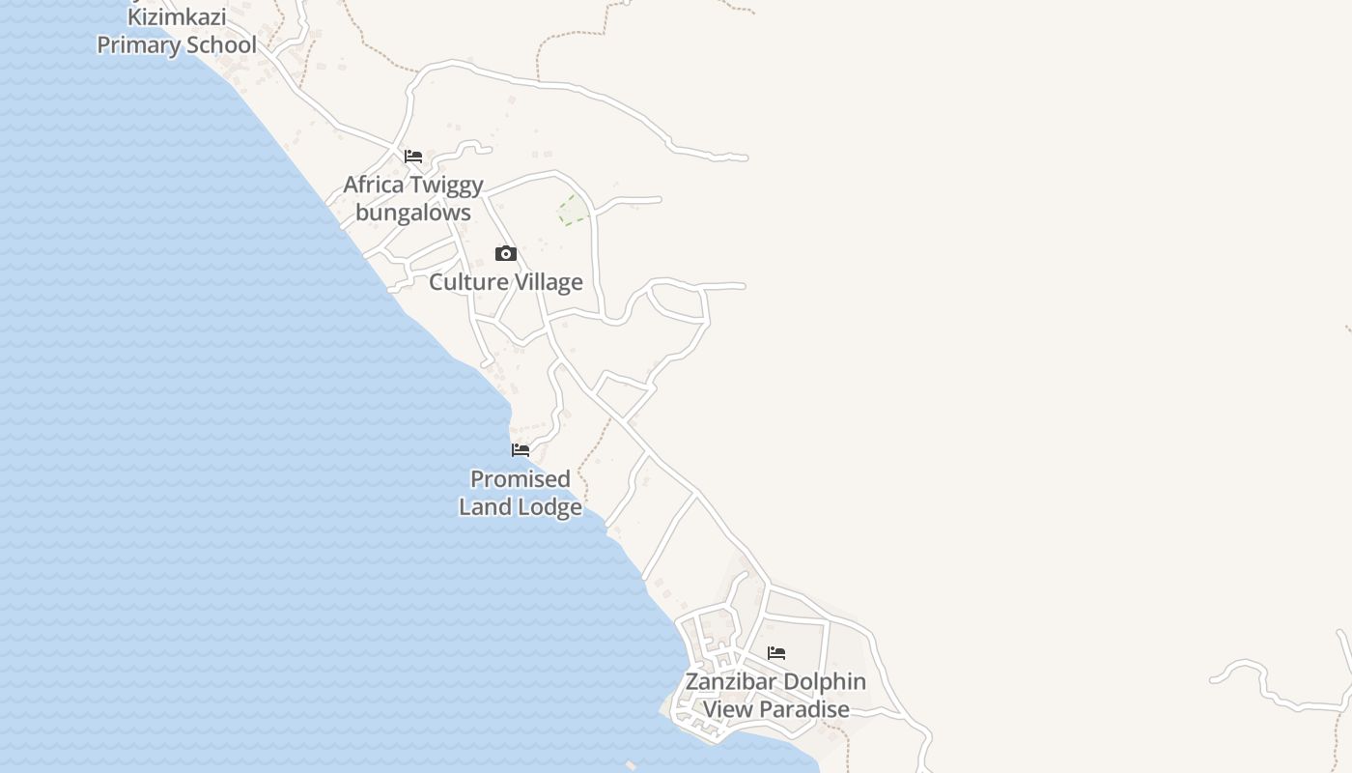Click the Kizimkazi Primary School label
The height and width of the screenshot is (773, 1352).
pos(177,31)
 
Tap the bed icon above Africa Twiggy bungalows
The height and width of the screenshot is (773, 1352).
pos(413,157)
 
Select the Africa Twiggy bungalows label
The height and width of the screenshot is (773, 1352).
pos(413,198)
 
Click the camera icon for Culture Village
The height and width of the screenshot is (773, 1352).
pos(505,254)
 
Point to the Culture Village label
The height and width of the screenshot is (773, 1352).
pos(505,282)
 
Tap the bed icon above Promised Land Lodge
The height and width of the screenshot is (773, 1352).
pos(521,450)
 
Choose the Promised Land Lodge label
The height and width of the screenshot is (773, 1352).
pos(521,493)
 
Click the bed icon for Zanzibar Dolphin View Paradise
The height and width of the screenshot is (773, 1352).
pos(776,653)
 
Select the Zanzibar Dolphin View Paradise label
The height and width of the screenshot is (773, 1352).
pos(775,695)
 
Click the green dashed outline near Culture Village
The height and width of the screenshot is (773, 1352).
pos(571,210)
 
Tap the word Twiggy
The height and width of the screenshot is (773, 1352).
pos(446,185)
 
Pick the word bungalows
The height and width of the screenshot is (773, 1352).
pos(413,213)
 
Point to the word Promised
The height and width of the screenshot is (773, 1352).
pos(521,479)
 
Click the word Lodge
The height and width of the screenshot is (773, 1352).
pos(550,507)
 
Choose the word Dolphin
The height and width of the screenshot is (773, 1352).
pos(824,681)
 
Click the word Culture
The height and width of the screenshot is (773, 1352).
pos(467,282)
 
